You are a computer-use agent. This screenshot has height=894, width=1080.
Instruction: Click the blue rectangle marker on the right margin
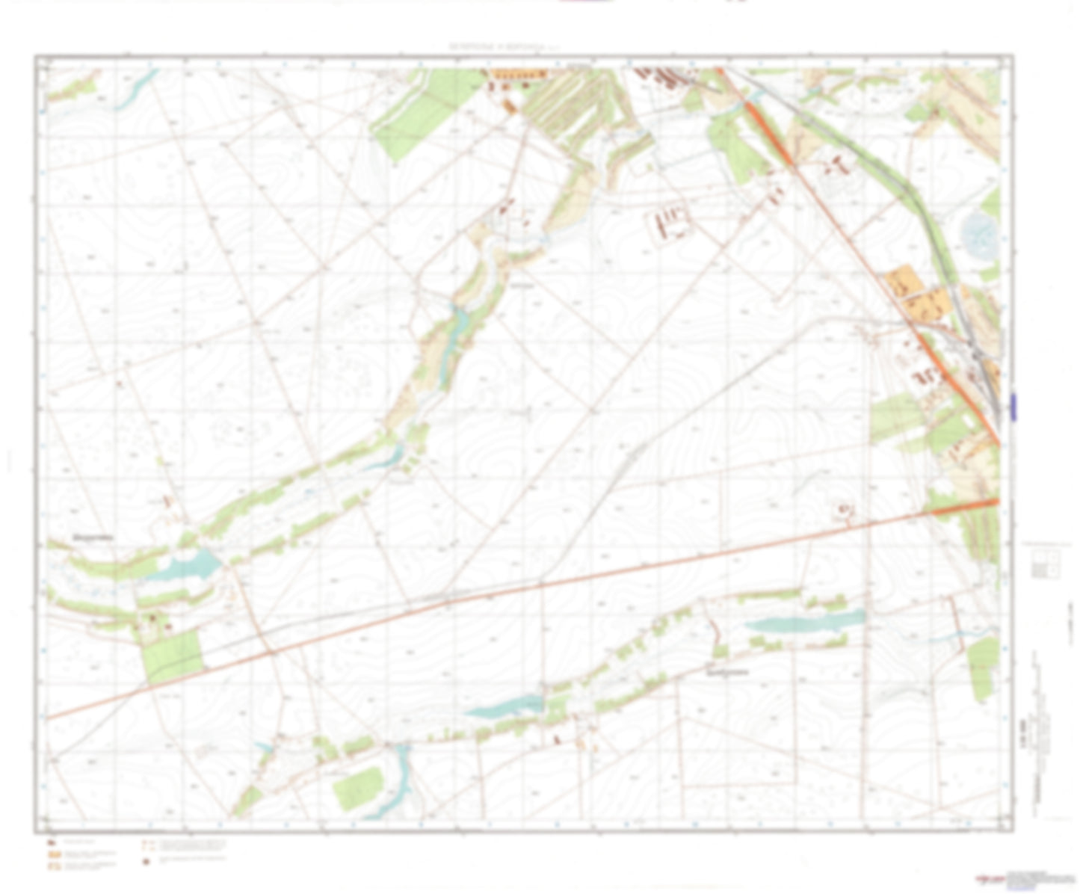click(x=1013, y=406)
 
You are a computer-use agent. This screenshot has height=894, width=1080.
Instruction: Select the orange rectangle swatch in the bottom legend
click(x=55, y=854)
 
